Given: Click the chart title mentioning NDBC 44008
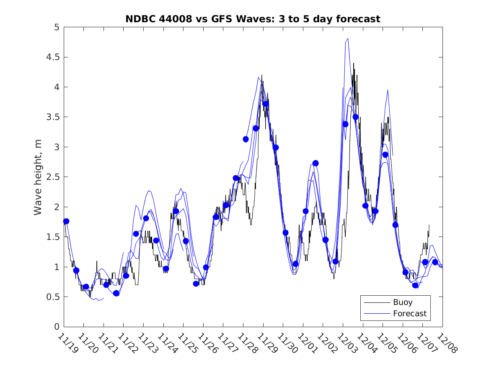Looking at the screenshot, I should [x=253, y=19].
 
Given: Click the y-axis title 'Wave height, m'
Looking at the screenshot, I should [x=38, y=177].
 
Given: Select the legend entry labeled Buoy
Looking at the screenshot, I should [x=402, y=302].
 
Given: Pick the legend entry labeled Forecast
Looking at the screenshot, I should [x=409, y=313].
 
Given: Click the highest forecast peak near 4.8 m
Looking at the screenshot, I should [x=348, y=39].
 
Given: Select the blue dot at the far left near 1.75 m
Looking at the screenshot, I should [x=66, y=221].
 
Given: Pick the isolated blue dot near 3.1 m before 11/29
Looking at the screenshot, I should [x=246, y=139].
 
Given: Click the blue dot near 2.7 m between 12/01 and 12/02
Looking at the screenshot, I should [x=316, y=163].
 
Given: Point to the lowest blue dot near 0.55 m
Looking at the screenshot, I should [x=116, y=293].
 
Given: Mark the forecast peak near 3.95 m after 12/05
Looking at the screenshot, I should [x=388, y=90].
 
